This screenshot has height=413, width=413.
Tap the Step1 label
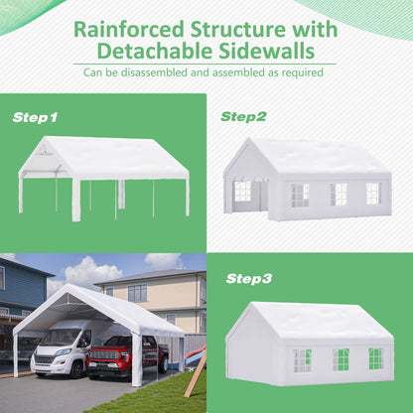35,117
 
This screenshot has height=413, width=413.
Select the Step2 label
243,116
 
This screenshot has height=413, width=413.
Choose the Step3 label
249,278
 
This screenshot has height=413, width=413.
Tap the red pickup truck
123,356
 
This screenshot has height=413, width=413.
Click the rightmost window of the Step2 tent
372,193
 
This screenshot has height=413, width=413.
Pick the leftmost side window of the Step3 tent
302,359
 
